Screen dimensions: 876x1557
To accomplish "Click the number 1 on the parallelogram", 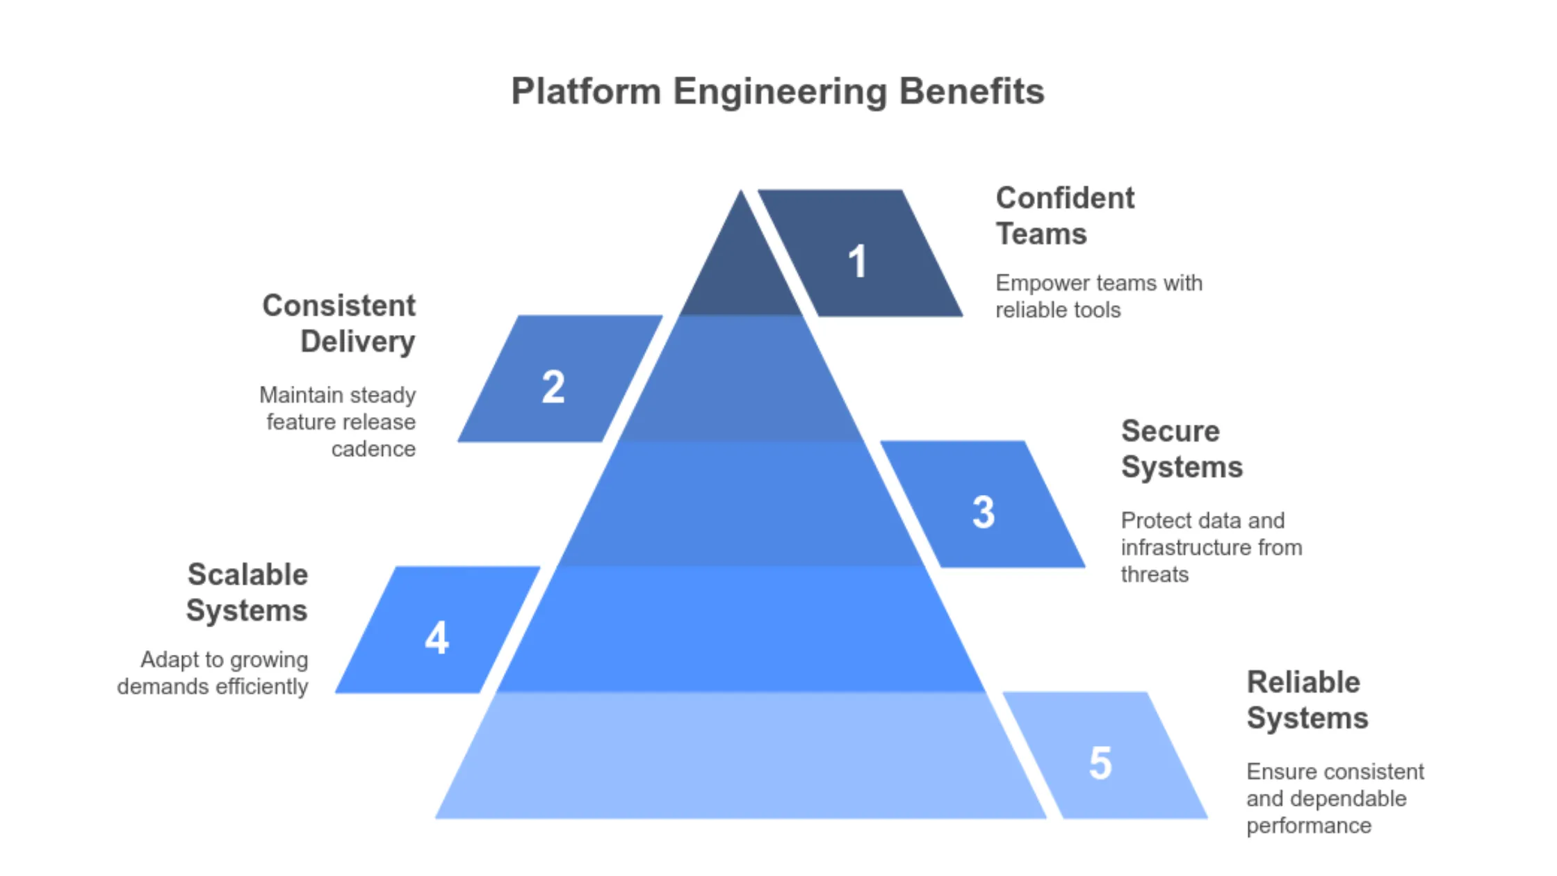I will (858, 262).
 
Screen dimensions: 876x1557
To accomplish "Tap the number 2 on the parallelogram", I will (553, 387).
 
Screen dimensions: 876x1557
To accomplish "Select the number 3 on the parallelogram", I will (984, 512).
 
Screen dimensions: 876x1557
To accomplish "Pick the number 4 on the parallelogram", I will (437, 638).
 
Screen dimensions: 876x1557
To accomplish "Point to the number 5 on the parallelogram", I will (1100, 763).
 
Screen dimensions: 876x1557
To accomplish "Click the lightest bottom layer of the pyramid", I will (741, 758).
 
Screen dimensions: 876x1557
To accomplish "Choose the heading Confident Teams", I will (1064, 216).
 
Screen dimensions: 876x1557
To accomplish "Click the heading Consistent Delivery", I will (339, 324).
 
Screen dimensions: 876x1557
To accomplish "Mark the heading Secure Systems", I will (1181, 449).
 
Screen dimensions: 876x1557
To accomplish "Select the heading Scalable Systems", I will (247, 593).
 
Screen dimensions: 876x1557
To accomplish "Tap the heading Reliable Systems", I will (1306, 700).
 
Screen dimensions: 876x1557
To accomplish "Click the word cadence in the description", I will (373, 449).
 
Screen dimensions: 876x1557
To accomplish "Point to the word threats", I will (1155, 575).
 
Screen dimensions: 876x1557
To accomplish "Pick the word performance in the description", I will (1308, 826).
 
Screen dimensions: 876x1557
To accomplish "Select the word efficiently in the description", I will (261, 687).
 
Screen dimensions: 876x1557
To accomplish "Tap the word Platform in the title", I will (586, 92).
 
